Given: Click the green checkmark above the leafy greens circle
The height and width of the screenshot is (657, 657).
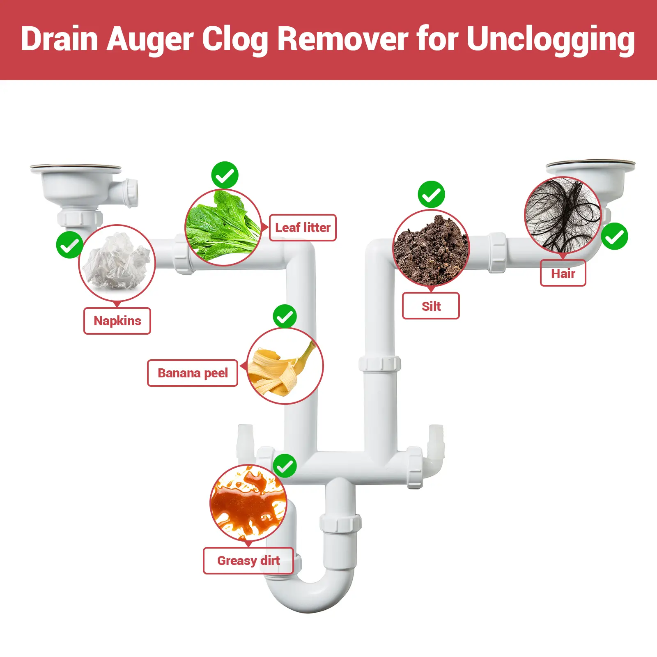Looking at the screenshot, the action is pyautogui.click(x=225, y=175).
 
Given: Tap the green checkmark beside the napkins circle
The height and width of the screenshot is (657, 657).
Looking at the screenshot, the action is pyautogui.click(x=70, y=245).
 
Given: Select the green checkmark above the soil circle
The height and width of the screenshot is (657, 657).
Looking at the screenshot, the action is pyautogui.click(x=431, y=194).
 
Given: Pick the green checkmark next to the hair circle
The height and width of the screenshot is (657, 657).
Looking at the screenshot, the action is pyautogui.click(x=614, y=236).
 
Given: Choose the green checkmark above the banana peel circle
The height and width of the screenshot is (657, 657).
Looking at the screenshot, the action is pyautogui.click(x=285, y=316).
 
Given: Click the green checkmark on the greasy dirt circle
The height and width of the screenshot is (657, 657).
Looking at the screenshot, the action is pyautogui.click(x=285, y=466).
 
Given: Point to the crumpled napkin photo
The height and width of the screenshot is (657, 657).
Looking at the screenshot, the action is pyautogui.click(x=117, y=262).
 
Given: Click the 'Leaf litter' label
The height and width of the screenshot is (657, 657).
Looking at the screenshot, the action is pyautogui.click(x=303, y=227).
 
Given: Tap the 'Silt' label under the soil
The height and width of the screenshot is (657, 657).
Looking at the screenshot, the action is pyautogui.click(x=431, y=306).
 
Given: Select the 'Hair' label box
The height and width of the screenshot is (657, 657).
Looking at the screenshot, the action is pyautogui.click(x=563, y=273).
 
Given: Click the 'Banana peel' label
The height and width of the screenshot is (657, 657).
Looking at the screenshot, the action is pyautogui.click(x=193, y=373).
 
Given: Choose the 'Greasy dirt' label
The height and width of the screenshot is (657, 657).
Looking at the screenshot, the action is pyautogui.click(x=248, y=561).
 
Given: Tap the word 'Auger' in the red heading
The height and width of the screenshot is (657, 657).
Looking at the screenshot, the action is pyautogui.click(x=150, y=39).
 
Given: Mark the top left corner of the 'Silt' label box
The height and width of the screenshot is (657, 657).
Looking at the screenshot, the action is pyautogui.click(x=402, y=293).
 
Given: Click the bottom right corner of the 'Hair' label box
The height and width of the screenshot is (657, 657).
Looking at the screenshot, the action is pyautogui.click(x=586, y=286).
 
